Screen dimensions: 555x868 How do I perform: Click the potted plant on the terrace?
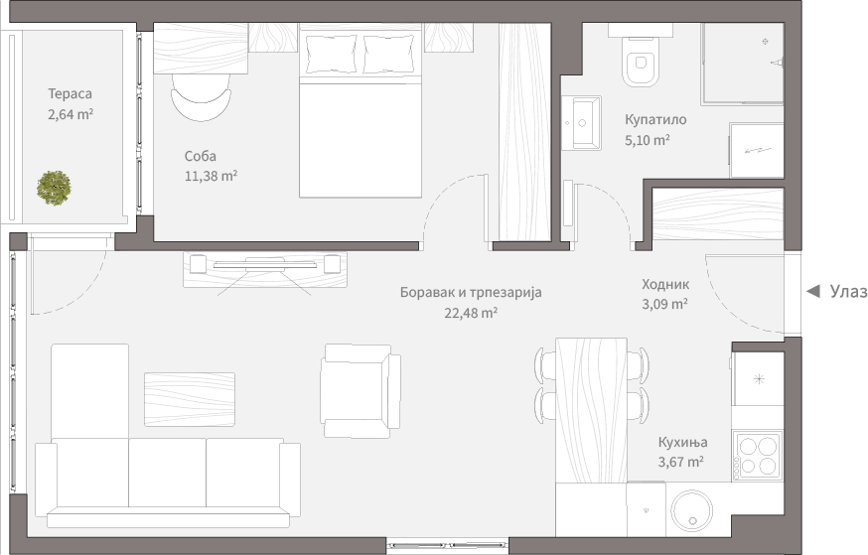[55, 187]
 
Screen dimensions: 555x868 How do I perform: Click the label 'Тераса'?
[71, 94]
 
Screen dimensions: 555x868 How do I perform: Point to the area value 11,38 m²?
[211, 176]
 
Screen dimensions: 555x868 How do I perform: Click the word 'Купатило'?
[655, 120]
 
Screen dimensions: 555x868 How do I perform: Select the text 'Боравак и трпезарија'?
[472, 293]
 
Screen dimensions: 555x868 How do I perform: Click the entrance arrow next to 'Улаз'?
[812, 291]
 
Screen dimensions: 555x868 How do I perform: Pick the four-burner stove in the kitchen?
[757, 456]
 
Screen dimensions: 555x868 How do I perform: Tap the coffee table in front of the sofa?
[190, 399]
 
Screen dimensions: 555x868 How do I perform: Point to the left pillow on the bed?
[330, 54]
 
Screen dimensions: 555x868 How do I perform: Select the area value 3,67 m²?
[680, 462]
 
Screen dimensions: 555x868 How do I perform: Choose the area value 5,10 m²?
[647, 140]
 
